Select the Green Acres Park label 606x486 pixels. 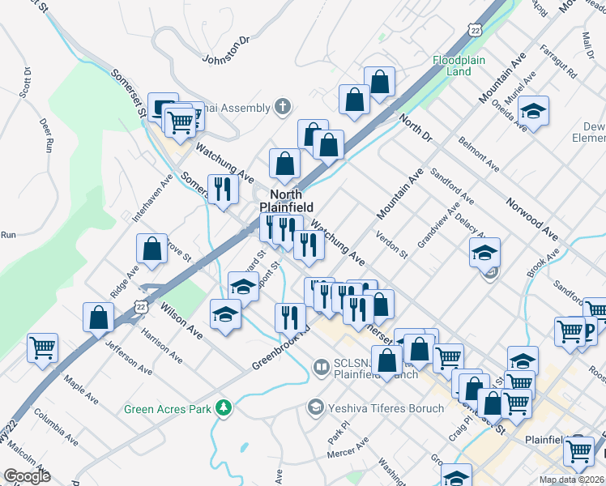click(x=167, y=409)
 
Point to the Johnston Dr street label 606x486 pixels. click(x=226, y=50)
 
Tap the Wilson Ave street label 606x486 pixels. click(x=181, y=318)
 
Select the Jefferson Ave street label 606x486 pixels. click(x=128, y=357)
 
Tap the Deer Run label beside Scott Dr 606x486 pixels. click(x=45, y=136)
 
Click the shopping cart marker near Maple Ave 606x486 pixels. click(x=42, y=347)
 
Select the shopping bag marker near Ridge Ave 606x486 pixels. click(x=151, y=249)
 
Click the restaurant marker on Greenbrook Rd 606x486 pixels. click(x=290, y=318)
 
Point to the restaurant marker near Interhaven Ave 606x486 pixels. click(x=222, y=190)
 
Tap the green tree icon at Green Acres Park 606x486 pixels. click(x=223, y=408)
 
